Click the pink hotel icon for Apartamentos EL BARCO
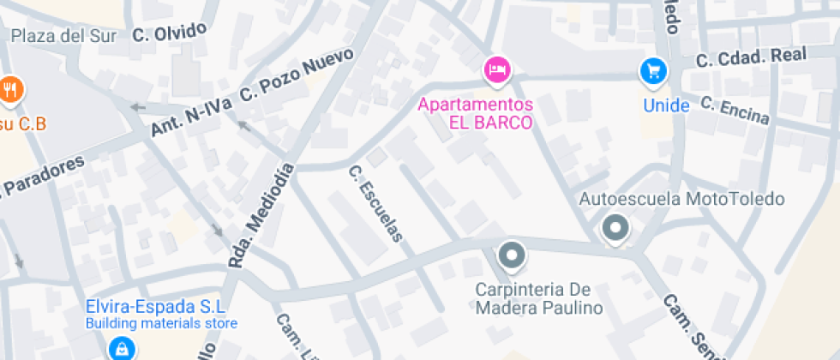tap(497, 69)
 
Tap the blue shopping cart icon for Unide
tap(655, 71)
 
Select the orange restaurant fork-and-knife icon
tap(10, 89)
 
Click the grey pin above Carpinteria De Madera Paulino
tap(513, 255)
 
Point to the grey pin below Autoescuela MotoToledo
tap(615, 229)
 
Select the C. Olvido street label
tap(170, 33)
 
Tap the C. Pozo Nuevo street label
tap(297, 75)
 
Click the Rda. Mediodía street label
tap(261, 216)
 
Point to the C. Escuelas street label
tap(375, 204)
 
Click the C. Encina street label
tap(735, 110)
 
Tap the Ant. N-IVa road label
tap(190, 117)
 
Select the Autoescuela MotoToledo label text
tap(681, 199)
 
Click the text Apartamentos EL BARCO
tap(476, 112)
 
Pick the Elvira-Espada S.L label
tap(154, 307)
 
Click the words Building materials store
tap(160, 324)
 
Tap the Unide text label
tap(667, 105)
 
